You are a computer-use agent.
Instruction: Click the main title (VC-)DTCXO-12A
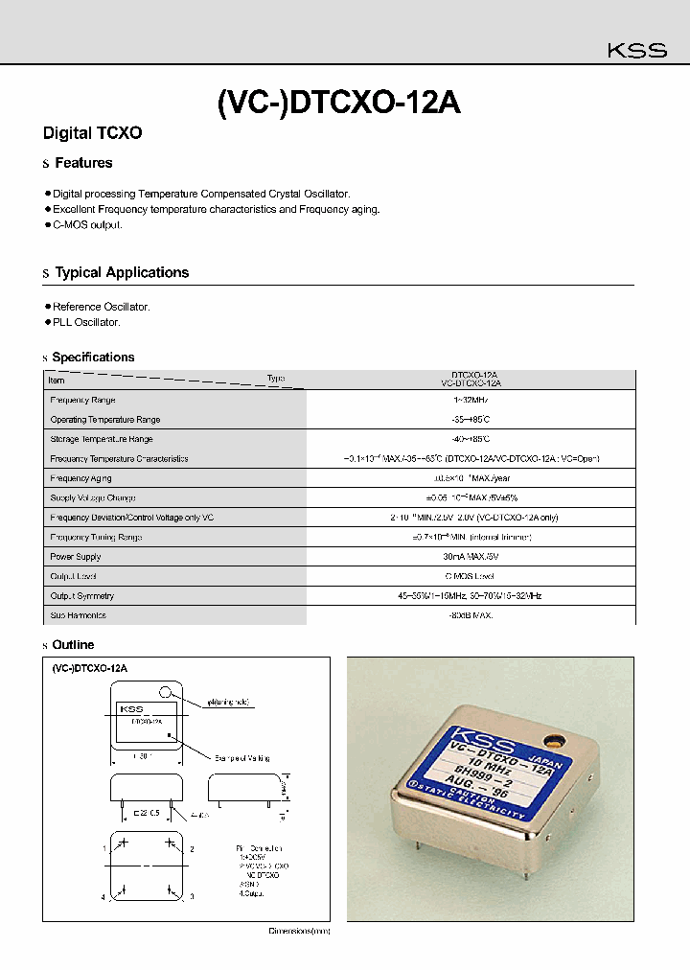(339, 103)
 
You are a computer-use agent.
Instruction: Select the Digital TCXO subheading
(93, 133)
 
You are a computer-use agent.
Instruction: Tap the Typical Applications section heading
(122, 272)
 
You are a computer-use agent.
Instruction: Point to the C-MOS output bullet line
(87, 224)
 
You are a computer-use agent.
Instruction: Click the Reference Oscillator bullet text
(101, 307)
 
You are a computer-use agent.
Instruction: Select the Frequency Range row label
(82, 400)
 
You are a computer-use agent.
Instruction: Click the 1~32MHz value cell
(470, 400)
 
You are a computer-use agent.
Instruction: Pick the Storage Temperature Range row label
(101, 439)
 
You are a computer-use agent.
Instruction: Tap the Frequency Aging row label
(81, 478)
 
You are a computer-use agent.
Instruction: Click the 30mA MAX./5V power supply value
(470, 557)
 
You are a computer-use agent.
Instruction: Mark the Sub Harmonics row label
(78, 615)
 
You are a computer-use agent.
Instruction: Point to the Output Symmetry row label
(81, 596)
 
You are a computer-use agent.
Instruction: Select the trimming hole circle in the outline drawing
(167, 691)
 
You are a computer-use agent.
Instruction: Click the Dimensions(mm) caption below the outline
(298, 931)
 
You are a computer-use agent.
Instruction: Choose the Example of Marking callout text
(242, 757)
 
